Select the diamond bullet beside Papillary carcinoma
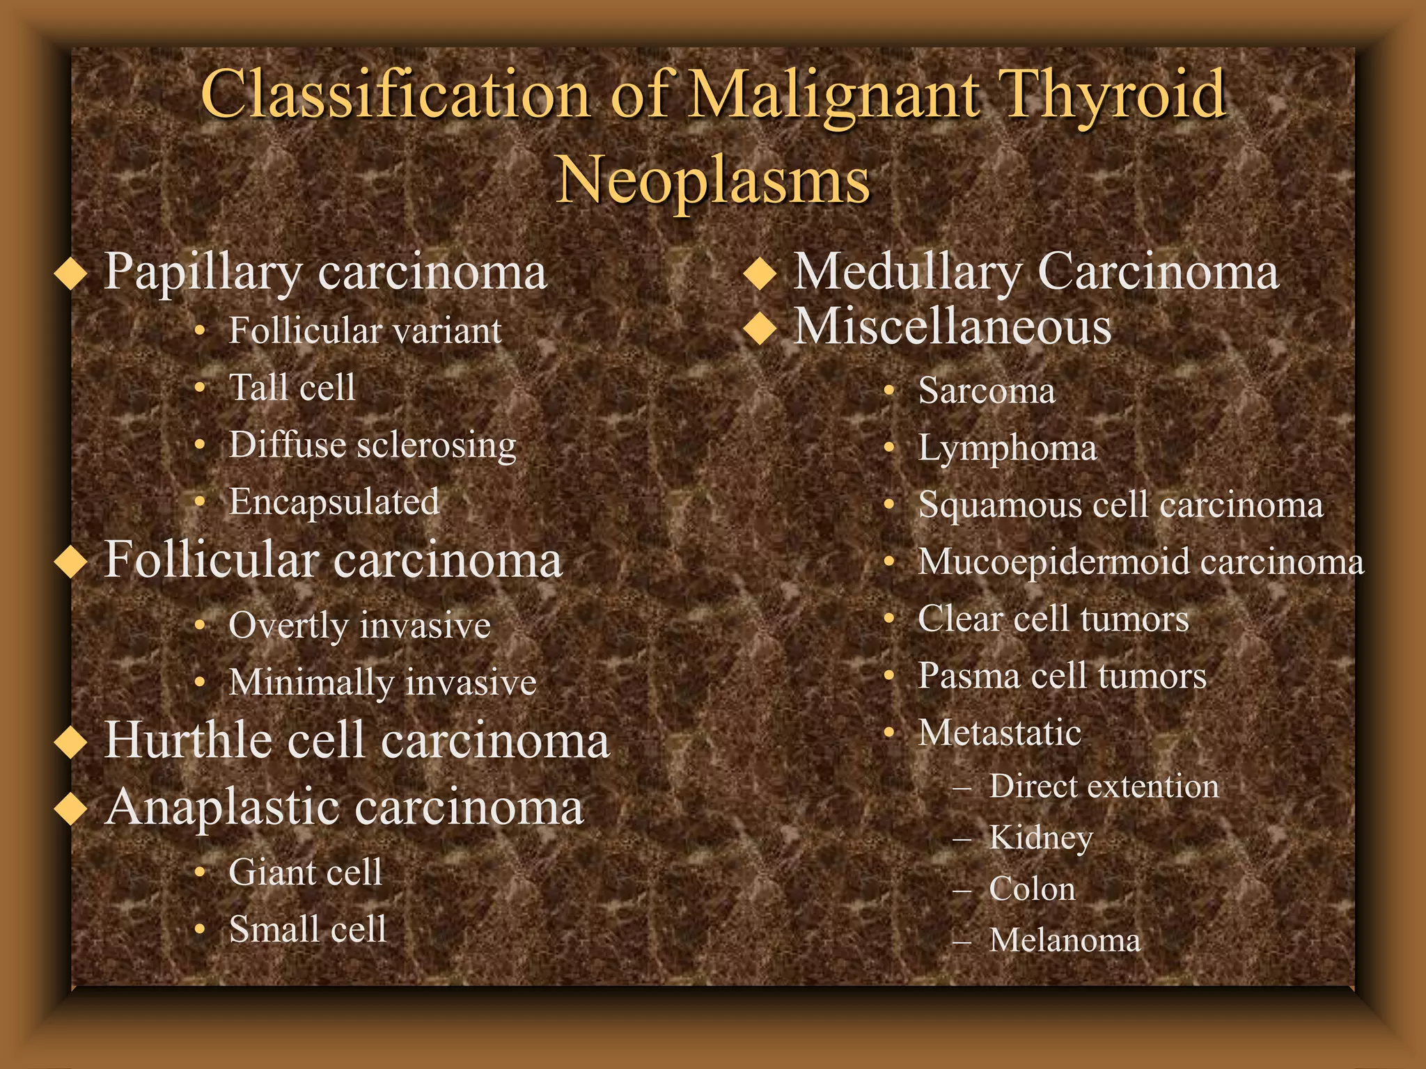point(70,274)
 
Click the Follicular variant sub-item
point(365,331)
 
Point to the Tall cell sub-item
point(292,388)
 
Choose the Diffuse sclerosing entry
point(373,445)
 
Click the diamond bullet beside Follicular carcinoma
point(70,562)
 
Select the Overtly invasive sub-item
point(359,626)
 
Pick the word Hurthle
point(186,740)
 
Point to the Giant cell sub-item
point(305,872)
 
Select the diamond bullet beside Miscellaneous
point(760,328)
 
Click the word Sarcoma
point(986,390)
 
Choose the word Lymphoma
point(1007,448)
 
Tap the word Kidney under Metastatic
point(1040,838)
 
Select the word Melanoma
point(1065,940)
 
